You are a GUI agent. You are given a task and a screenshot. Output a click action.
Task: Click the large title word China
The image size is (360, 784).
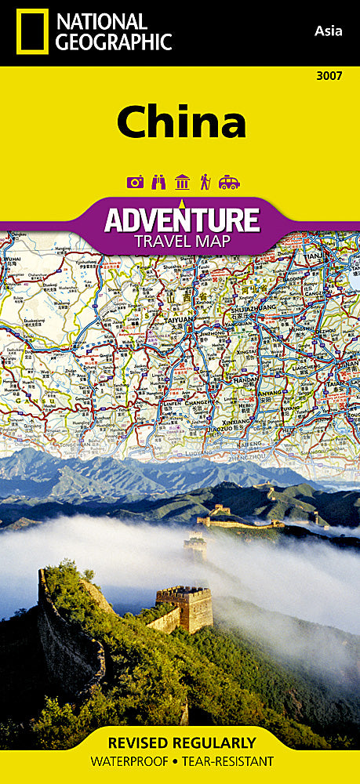coord(182,123)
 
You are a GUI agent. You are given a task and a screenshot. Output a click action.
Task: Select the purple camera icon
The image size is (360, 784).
coord(136,182)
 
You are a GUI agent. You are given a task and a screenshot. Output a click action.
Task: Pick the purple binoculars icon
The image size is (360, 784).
coord(158,182)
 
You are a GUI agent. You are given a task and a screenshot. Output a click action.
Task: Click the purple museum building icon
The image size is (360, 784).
coord(182,182)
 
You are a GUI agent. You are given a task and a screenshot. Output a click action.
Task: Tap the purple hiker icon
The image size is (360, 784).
coord(205,182)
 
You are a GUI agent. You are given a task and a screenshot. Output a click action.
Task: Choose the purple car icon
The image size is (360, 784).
coord(229,182)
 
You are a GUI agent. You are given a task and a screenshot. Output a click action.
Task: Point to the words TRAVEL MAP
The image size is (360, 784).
coord(182,241)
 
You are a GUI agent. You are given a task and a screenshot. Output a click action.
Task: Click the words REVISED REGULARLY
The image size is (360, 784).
coord(181,742)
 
